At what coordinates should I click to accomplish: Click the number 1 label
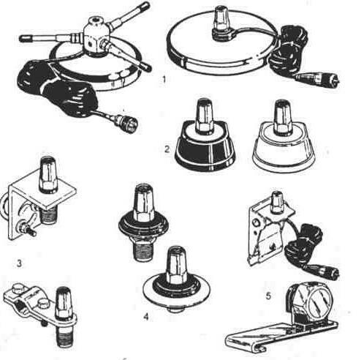tap(164, 80)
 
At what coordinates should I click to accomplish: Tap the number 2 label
tap(167, 149)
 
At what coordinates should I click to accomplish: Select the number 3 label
tap(19, 263)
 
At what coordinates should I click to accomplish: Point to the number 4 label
tap(146, 317)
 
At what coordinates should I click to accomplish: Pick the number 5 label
tap(268, 296)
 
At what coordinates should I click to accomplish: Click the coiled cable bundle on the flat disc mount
tap(291, 49)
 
